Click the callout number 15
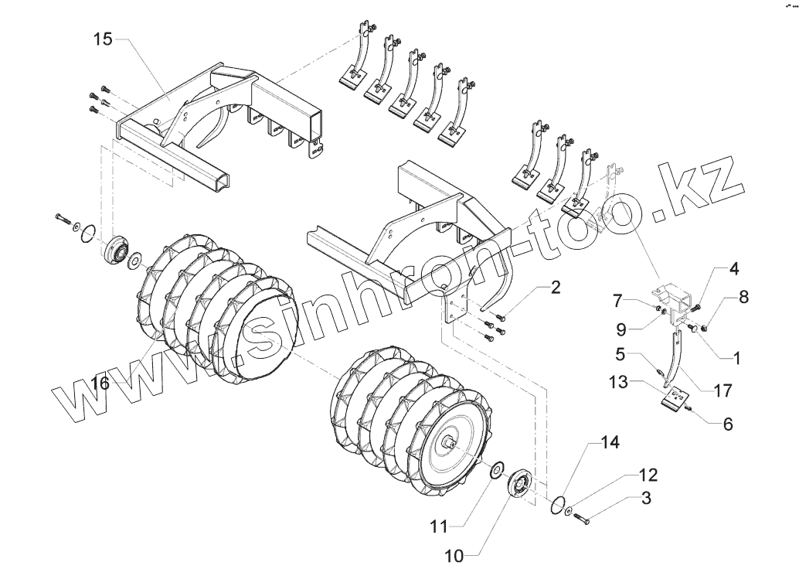104,39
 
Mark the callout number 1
736,358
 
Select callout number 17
722,391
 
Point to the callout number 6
729,424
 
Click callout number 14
610,444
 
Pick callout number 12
648,472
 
